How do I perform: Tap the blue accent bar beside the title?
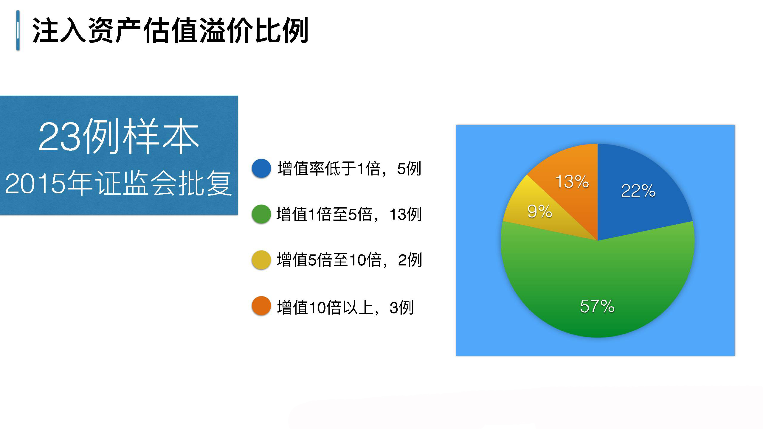[x=18, y=30]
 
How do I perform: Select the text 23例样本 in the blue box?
[x=119, y=136]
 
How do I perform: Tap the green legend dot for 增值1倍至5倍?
[x=261, y=214]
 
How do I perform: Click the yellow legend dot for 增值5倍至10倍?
[x=261, y=260]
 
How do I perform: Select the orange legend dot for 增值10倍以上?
[x=261, y=306]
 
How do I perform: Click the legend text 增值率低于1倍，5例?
[x=349, y=169]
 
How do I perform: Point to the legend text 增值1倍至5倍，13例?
[x=349, y=214]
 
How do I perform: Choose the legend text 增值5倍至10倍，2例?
[x=349, y=260]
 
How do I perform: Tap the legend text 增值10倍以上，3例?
[x=345, y=307]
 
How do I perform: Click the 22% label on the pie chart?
[x=638, y=191]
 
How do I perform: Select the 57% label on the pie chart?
[x=597, y=306]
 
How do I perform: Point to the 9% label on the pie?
[x=540, y=211]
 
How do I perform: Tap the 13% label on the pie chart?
[x=572, y=181]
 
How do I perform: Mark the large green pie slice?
[x=598, y=286]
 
